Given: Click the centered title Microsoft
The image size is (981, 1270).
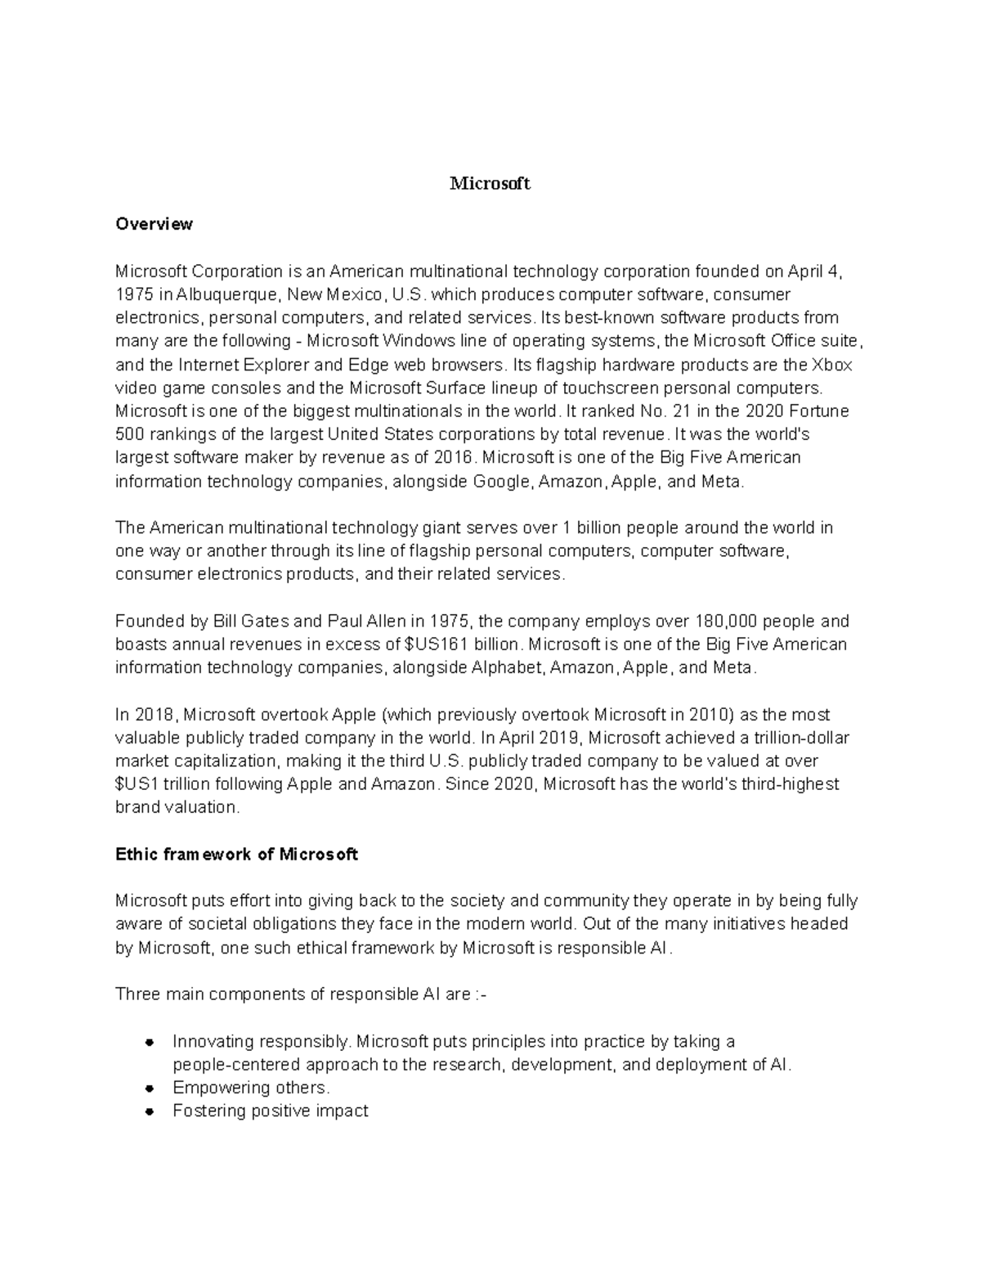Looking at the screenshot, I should pos(490,184).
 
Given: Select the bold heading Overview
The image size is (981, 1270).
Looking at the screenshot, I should pos(154,224).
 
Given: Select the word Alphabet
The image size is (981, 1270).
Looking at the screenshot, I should pos(507,668).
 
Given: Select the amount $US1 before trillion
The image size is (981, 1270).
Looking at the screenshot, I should pos(137,785).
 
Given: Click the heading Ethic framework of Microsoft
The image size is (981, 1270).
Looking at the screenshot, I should pos(236,855).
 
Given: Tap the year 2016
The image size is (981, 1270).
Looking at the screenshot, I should pos(454,458).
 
